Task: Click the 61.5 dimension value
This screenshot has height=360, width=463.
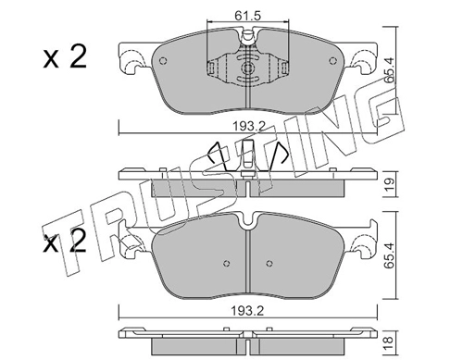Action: point(247,16)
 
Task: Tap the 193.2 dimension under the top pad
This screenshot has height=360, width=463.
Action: point(249,126)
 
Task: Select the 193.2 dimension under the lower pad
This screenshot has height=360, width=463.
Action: point(248,311)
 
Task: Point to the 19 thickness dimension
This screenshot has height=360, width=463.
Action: point(390,184)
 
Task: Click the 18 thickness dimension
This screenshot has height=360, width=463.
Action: point(390,341)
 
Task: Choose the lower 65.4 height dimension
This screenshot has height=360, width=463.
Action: point(390,255)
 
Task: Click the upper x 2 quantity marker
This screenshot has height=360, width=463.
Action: point(65,57)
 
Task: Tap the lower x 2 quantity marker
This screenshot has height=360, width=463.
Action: point(65,242)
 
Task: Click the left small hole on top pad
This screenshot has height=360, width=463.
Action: point(163,61)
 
